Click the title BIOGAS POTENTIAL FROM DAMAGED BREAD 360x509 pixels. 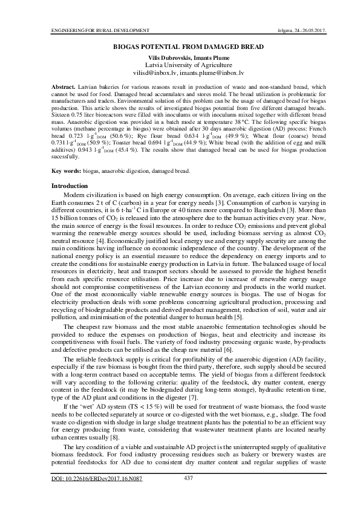180,47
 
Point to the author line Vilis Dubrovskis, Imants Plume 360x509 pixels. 180,56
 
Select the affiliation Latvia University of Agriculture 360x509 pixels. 180,64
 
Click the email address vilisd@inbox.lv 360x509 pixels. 152,72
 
